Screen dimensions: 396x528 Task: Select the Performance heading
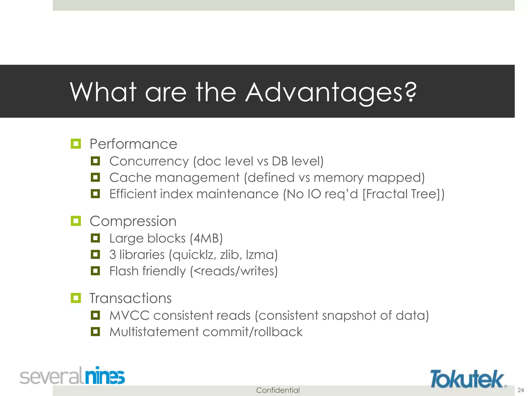[133, 144]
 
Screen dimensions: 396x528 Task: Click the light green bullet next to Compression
[76, 221]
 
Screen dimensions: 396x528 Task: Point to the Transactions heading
[130, 298]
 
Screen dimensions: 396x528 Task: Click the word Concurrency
[149, 161]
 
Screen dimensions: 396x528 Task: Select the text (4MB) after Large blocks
[206, 238]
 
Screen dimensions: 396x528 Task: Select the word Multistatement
[154, 332]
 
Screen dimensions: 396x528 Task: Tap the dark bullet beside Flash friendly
[95, 271]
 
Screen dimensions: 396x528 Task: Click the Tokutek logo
[467, 379]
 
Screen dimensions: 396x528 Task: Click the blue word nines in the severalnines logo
[105, 376]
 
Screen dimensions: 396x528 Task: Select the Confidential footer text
[278, 390]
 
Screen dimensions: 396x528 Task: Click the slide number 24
[521, 390]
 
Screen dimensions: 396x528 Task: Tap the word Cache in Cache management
[130, 178]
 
